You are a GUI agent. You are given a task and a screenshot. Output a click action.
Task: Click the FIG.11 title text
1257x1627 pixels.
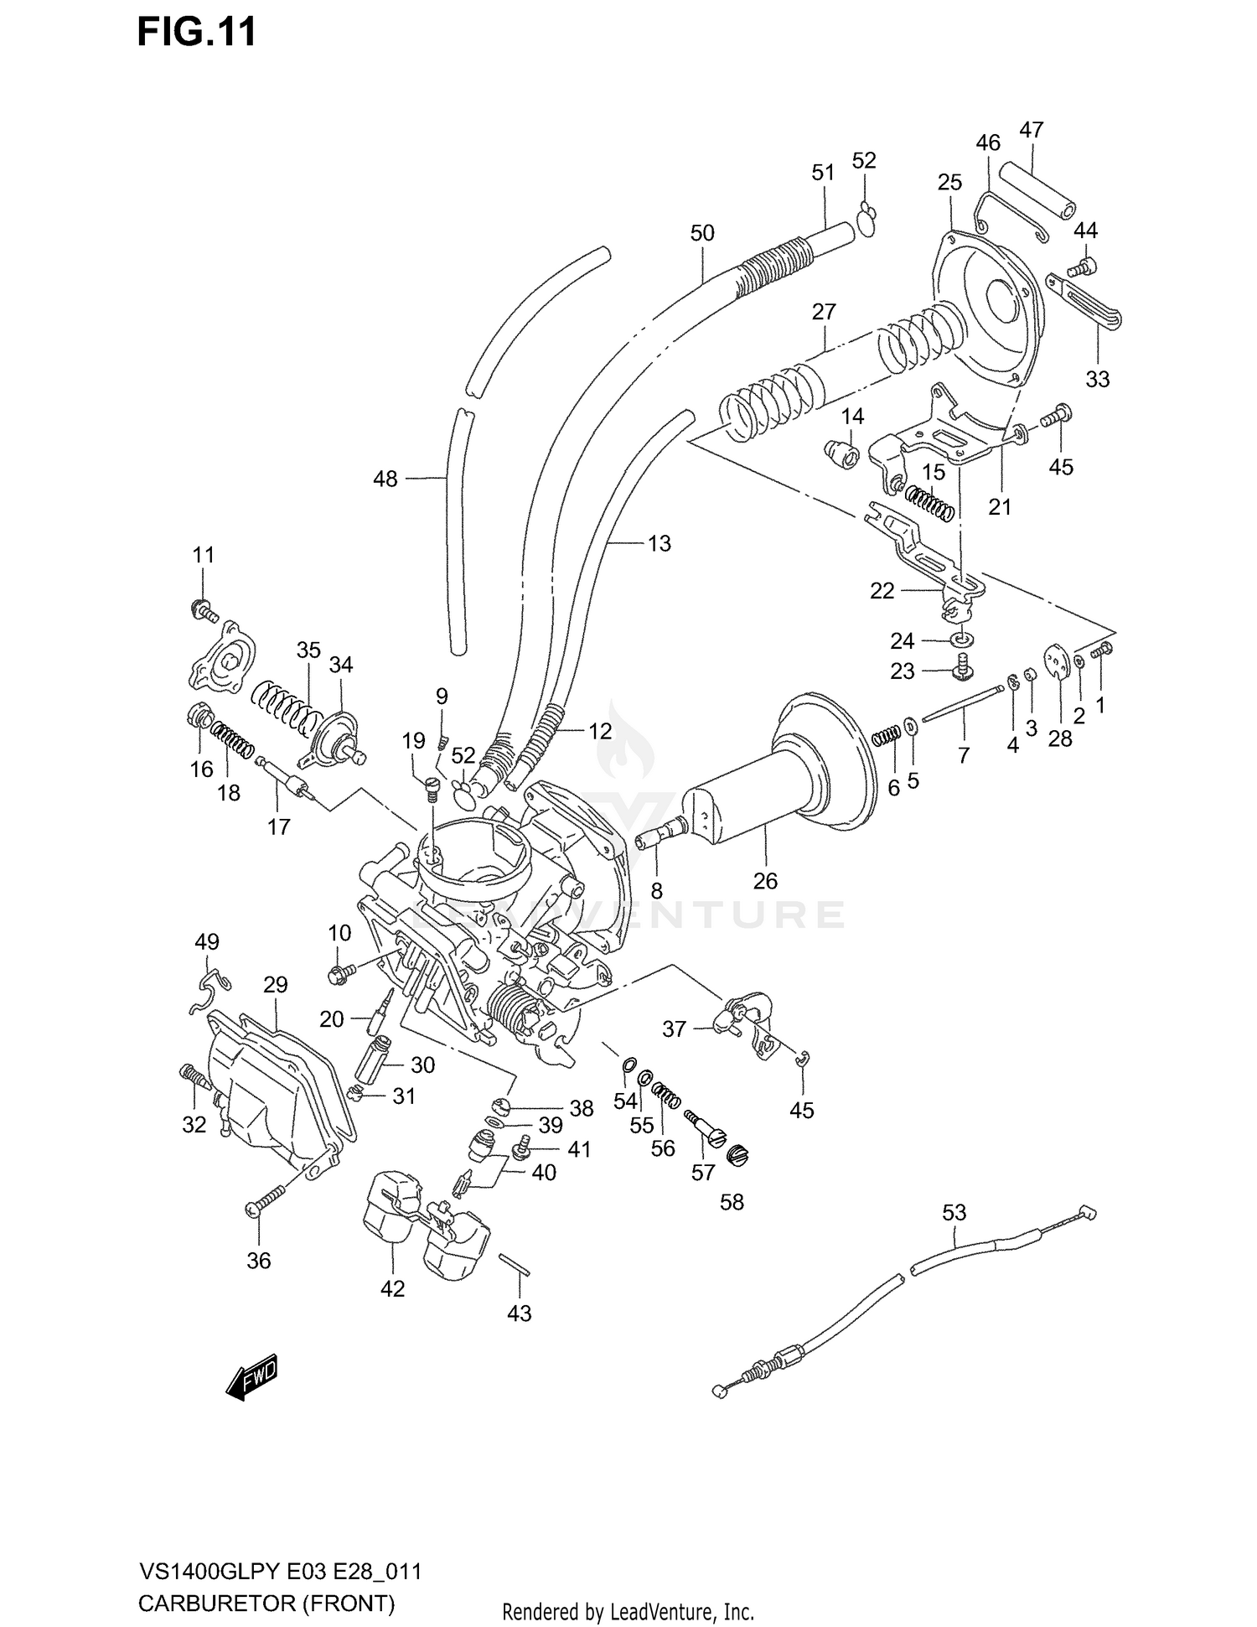[196, 34]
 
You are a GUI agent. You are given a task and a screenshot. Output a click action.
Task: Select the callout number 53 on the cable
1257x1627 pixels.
[954, 1212]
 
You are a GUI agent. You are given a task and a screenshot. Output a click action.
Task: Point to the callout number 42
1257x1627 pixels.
[392, 1289]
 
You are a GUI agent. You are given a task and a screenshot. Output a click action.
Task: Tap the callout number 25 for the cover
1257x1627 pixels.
[949, 183]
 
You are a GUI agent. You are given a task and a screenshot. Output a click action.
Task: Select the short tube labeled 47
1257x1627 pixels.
[1037, 189]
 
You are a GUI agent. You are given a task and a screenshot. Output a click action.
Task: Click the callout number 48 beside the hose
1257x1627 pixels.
[385, 479]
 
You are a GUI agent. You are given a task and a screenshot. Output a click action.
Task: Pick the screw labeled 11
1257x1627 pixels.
[204, 611]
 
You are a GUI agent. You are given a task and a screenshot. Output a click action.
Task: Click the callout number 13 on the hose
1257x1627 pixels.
[660, 543]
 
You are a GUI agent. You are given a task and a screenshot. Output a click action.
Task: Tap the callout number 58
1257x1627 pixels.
[732, 1202]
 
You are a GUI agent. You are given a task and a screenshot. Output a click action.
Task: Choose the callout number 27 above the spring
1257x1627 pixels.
[824, 312]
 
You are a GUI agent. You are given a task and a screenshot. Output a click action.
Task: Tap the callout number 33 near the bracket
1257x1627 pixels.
[1097, 379]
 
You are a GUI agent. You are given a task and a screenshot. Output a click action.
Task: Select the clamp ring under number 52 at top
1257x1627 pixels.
[866, 220]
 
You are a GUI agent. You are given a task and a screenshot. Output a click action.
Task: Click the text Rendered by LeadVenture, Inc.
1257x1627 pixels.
[628, 1611]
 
